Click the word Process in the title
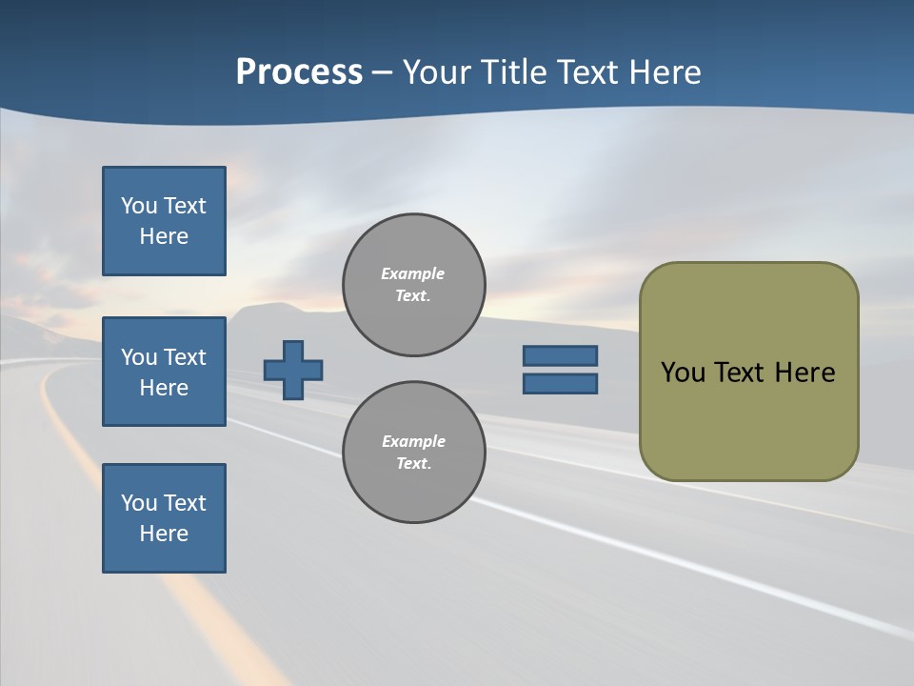pos(299,72)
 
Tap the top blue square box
pos(164,221)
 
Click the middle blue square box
pos(164,372)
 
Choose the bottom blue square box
pos(164,518)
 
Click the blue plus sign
pos(293,370)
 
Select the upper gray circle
pos(414,285)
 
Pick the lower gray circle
pos(414,453)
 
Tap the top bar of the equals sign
pos(560,355)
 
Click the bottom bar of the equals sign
pos(560,384)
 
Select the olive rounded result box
pos(748,372)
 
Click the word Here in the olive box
pos(805,373)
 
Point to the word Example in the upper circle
pos(412,273)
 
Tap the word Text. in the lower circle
pos(413,464)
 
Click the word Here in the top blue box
pos(164,236)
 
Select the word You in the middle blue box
pos(138,357)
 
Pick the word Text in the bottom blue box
pos(185,503)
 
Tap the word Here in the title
pos(666,72)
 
